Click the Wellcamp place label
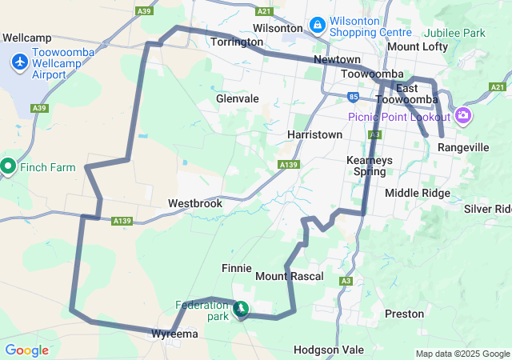28,38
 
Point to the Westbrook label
194,204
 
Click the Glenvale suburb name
238,98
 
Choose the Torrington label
238,42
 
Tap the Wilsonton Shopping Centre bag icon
318,26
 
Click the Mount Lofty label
418,47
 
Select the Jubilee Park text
457,34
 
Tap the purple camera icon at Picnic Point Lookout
463,117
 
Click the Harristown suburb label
315,134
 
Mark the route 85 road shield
353,97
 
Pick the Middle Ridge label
418,194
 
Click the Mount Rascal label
289,276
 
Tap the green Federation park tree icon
240,309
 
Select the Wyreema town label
174,334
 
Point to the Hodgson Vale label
329,350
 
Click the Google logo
26,350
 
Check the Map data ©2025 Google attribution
462,354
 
